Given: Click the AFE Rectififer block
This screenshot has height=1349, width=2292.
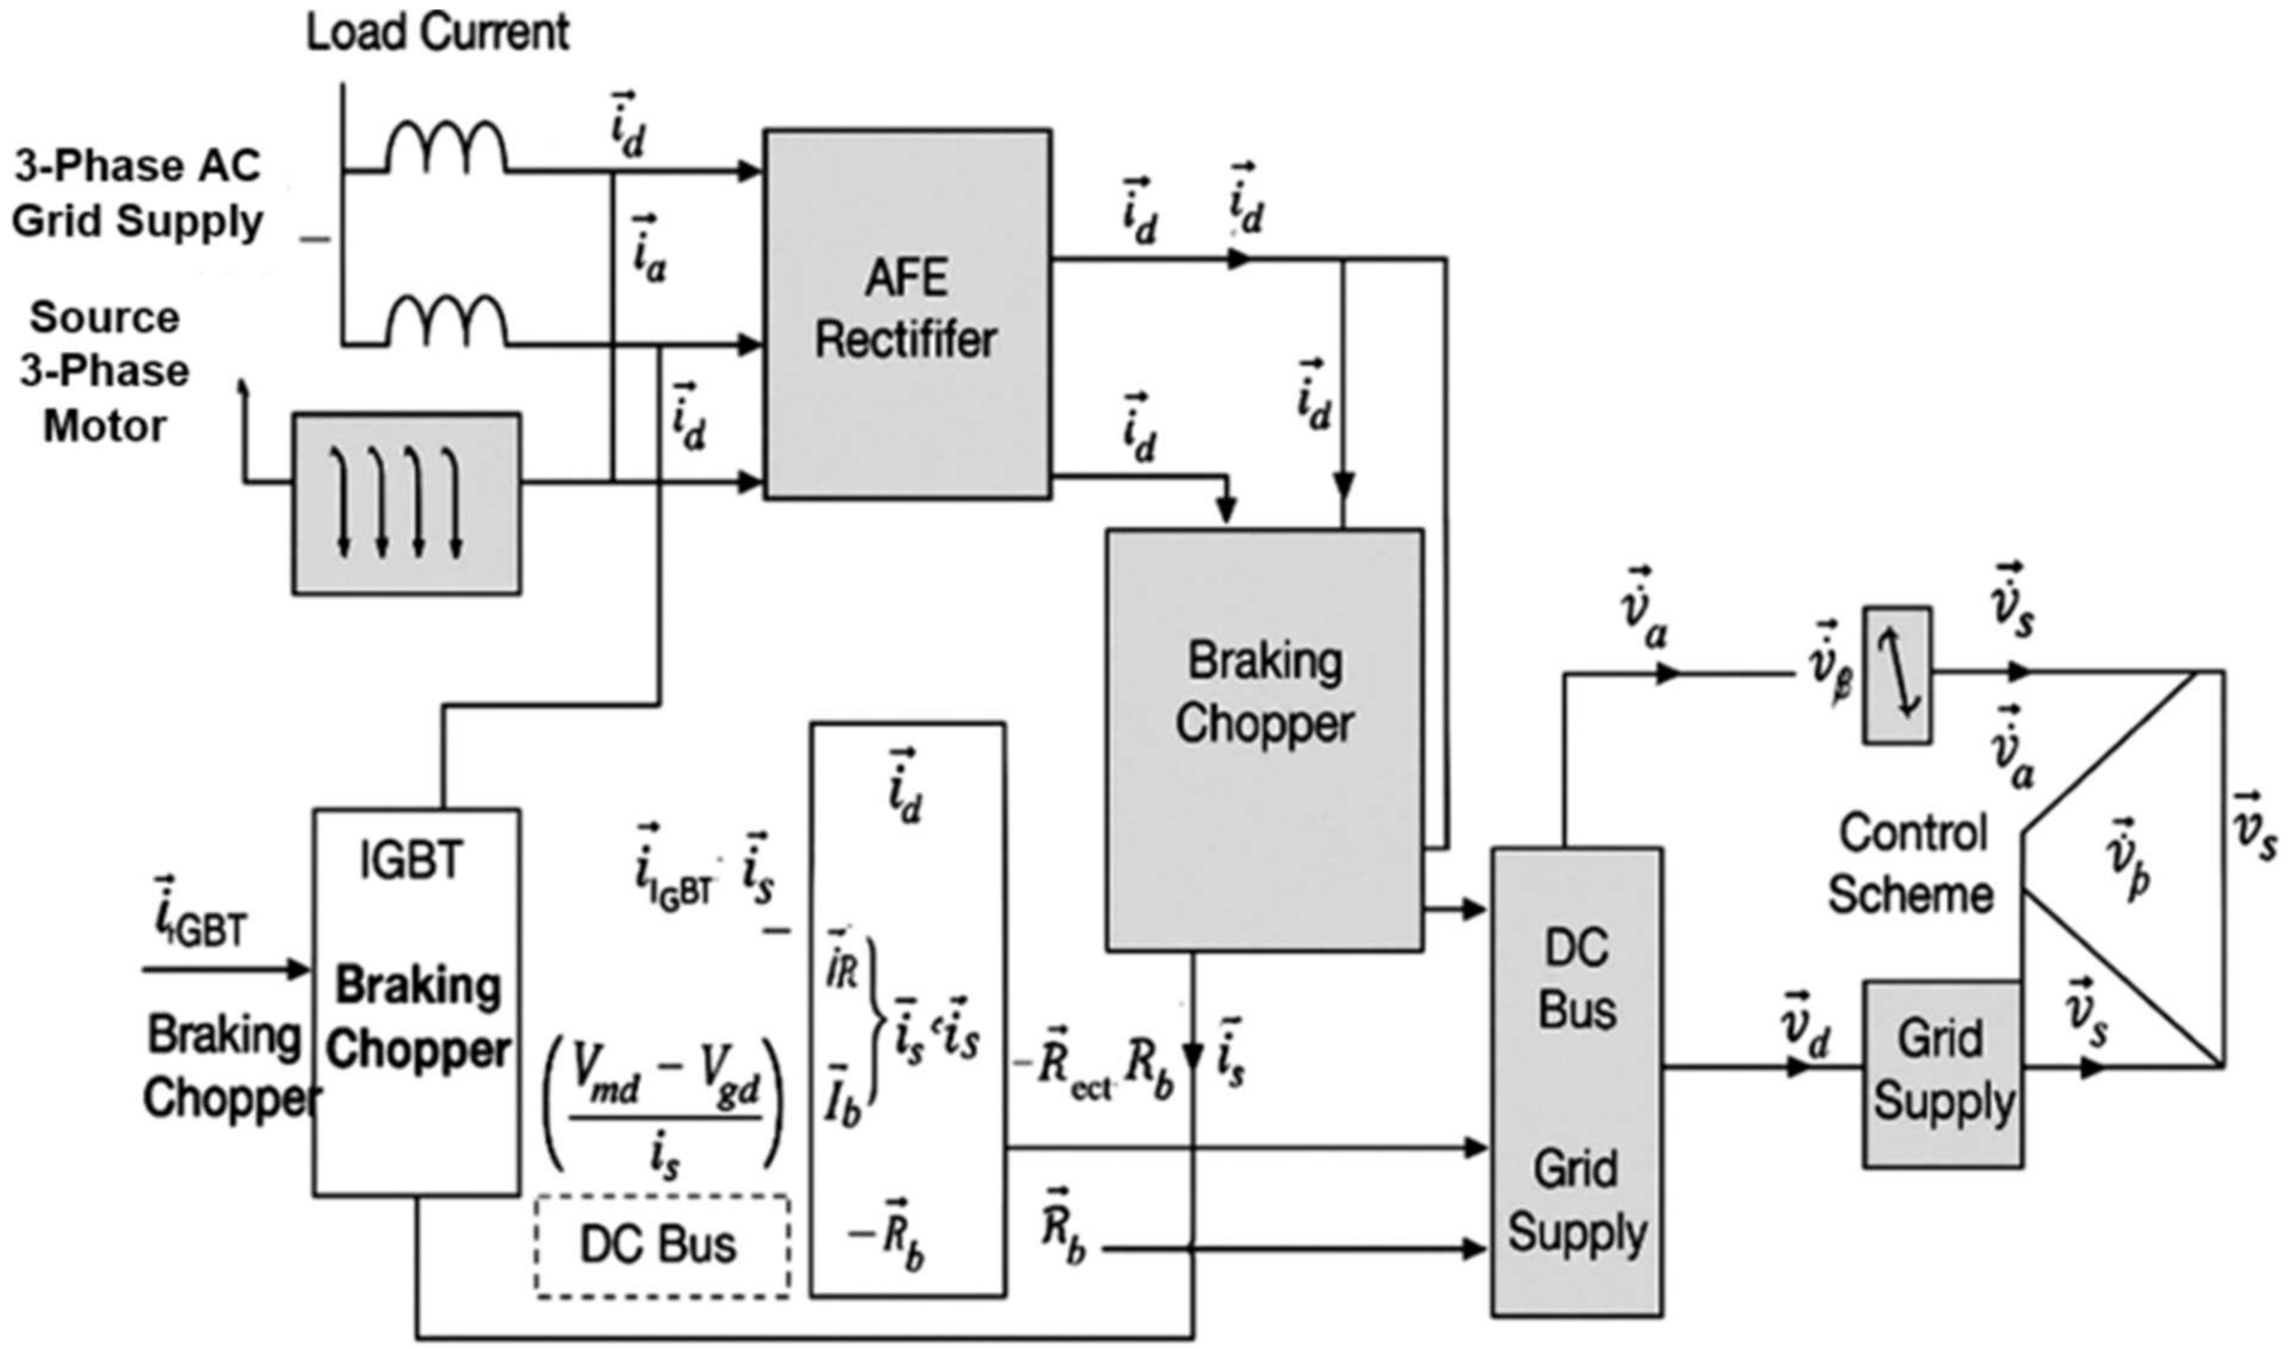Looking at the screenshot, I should [907, 313].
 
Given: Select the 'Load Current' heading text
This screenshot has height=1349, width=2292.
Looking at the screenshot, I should [437, 33].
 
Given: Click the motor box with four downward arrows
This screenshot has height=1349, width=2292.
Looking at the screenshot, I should [407, 503].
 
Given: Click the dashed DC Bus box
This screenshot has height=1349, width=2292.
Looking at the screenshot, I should [662, 1244].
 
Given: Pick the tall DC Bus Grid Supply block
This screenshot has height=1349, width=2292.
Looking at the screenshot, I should [1576, 1082].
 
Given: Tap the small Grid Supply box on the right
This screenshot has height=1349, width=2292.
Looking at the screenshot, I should [1942, 1073].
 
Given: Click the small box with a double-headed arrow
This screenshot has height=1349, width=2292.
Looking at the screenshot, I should [1897, 675].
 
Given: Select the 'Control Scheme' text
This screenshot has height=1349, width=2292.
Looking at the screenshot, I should [1911, 863].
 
